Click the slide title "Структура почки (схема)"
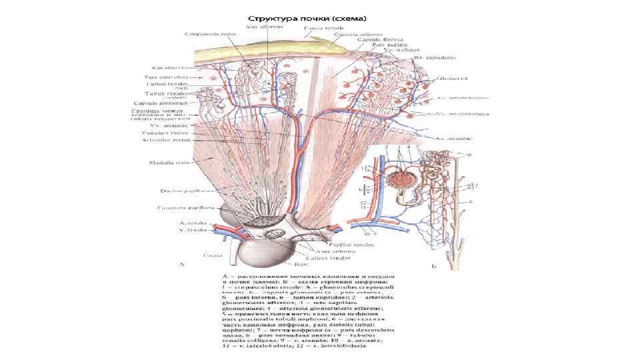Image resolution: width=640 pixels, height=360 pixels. [307, 17]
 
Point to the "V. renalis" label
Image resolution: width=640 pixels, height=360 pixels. [190, 231]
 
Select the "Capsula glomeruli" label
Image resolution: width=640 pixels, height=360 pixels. [169, 103]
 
